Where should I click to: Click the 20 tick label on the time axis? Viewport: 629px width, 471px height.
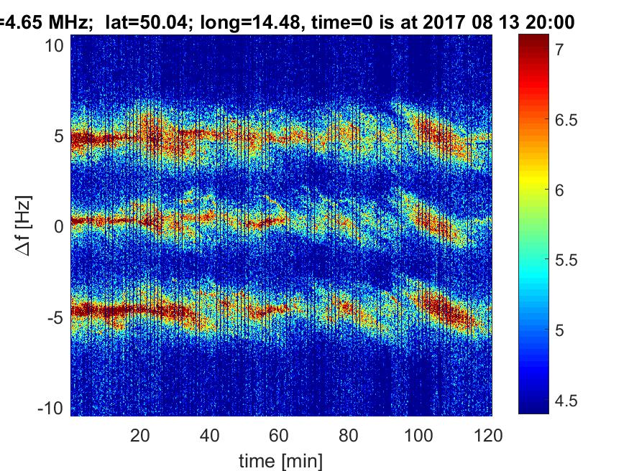point(140,434)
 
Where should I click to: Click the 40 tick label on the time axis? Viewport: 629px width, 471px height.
point(210,434)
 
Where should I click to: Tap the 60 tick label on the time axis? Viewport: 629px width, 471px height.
point(280,434)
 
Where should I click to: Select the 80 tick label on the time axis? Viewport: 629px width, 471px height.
point(349,434)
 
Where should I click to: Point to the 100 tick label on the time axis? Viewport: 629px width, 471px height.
point(419,434)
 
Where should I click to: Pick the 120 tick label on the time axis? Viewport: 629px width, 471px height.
point(489,434)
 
